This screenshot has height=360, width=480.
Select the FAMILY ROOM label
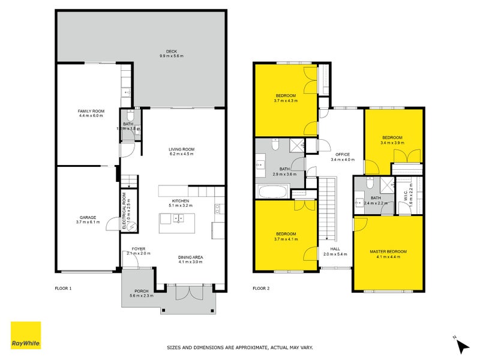click(91, 112)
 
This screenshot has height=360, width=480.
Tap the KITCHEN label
click(181, 200)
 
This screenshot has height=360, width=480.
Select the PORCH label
click(142, 292)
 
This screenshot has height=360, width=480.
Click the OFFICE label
click(342, 154)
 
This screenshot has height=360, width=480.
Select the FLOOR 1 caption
click(63, 289)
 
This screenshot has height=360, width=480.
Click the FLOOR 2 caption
click(261, 289)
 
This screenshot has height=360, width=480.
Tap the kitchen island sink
click(178, 218)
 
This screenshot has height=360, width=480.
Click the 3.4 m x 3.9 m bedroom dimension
click(391, 143)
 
